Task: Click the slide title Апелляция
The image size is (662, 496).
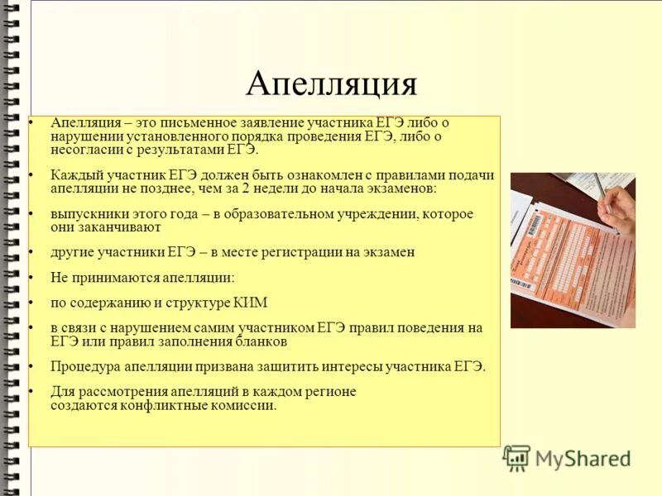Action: pyautogui.click(x=331, y=83)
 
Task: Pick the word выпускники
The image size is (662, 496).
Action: pyautogui.click(x=86, y=213)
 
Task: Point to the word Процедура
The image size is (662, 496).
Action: pyautogui.click(x=84, y=366)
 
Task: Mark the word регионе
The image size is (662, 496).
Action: pyautogui.click(x=328, y=392)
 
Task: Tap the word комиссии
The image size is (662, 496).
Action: pyautogui.click(x=247, y=405)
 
